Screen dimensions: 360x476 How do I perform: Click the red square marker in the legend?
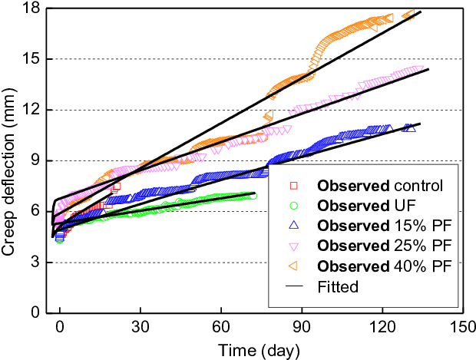click(x=293, y=186)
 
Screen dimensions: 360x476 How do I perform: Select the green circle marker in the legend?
click(x=293, y=206)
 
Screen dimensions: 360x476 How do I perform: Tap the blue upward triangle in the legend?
click(x=293, y=226)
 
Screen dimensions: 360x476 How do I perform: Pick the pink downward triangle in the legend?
click(x=293, y=246)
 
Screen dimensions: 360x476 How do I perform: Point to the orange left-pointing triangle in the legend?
click(x=293, y=266)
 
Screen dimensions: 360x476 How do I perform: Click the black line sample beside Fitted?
click(x=293, y=287)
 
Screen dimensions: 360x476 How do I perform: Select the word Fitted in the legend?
click(x=337, y=287)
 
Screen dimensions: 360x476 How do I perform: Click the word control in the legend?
click(x=418, y=186)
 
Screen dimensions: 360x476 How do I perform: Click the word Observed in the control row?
click(x=352, y=186)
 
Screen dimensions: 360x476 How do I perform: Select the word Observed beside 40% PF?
click(x=352, y=266)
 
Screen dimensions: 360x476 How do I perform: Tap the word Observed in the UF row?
click(x=352, y=206)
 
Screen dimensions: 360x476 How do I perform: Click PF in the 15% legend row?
click(x=437, y=226)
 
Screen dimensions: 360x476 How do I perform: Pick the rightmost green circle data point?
click(x=253, y=196)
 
